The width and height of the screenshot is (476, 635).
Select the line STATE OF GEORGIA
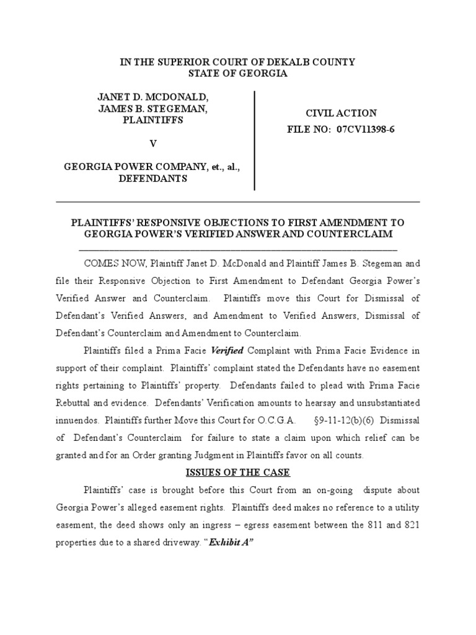[x=237, y=73]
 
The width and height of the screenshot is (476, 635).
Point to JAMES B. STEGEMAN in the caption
[x=152, y=109]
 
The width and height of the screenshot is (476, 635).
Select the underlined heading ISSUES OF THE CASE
[x=238, y=473]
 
